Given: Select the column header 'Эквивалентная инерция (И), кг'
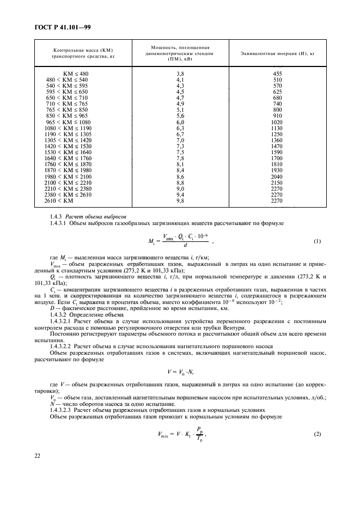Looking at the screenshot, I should [x=278, y=53].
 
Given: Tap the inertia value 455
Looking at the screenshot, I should [x=277, y=74].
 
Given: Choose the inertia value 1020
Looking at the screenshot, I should [x=277, y=122].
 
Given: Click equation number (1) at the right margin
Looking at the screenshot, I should [x=318, y=241].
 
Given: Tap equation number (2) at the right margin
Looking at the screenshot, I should [x=318, y=433].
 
